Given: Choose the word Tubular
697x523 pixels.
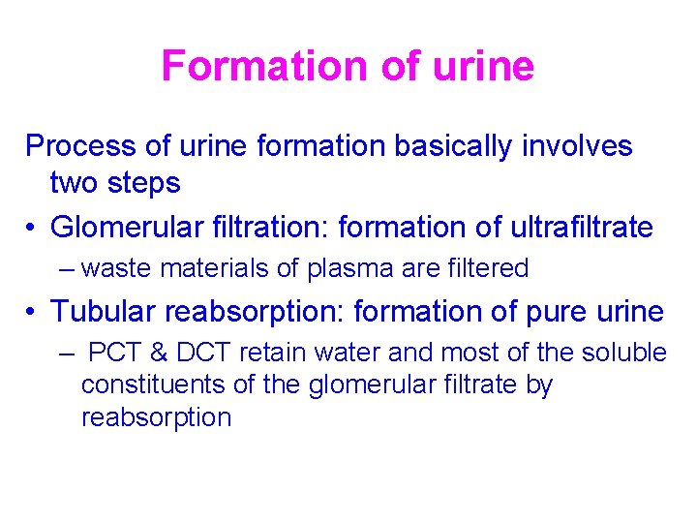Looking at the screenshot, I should [x=104, y=312].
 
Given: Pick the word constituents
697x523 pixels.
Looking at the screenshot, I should [x=153, y=385].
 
